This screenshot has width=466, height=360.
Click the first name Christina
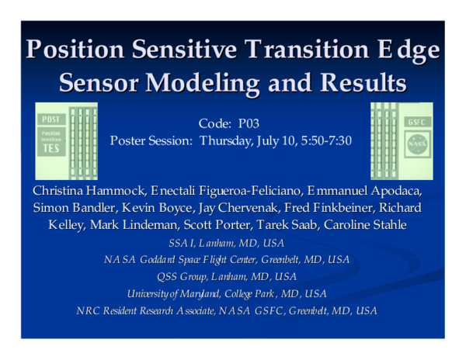(61, 191)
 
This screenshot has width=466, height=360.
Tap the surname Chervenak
(264, 208)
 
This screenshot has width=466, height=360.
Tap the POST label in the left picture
(52, 119)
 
